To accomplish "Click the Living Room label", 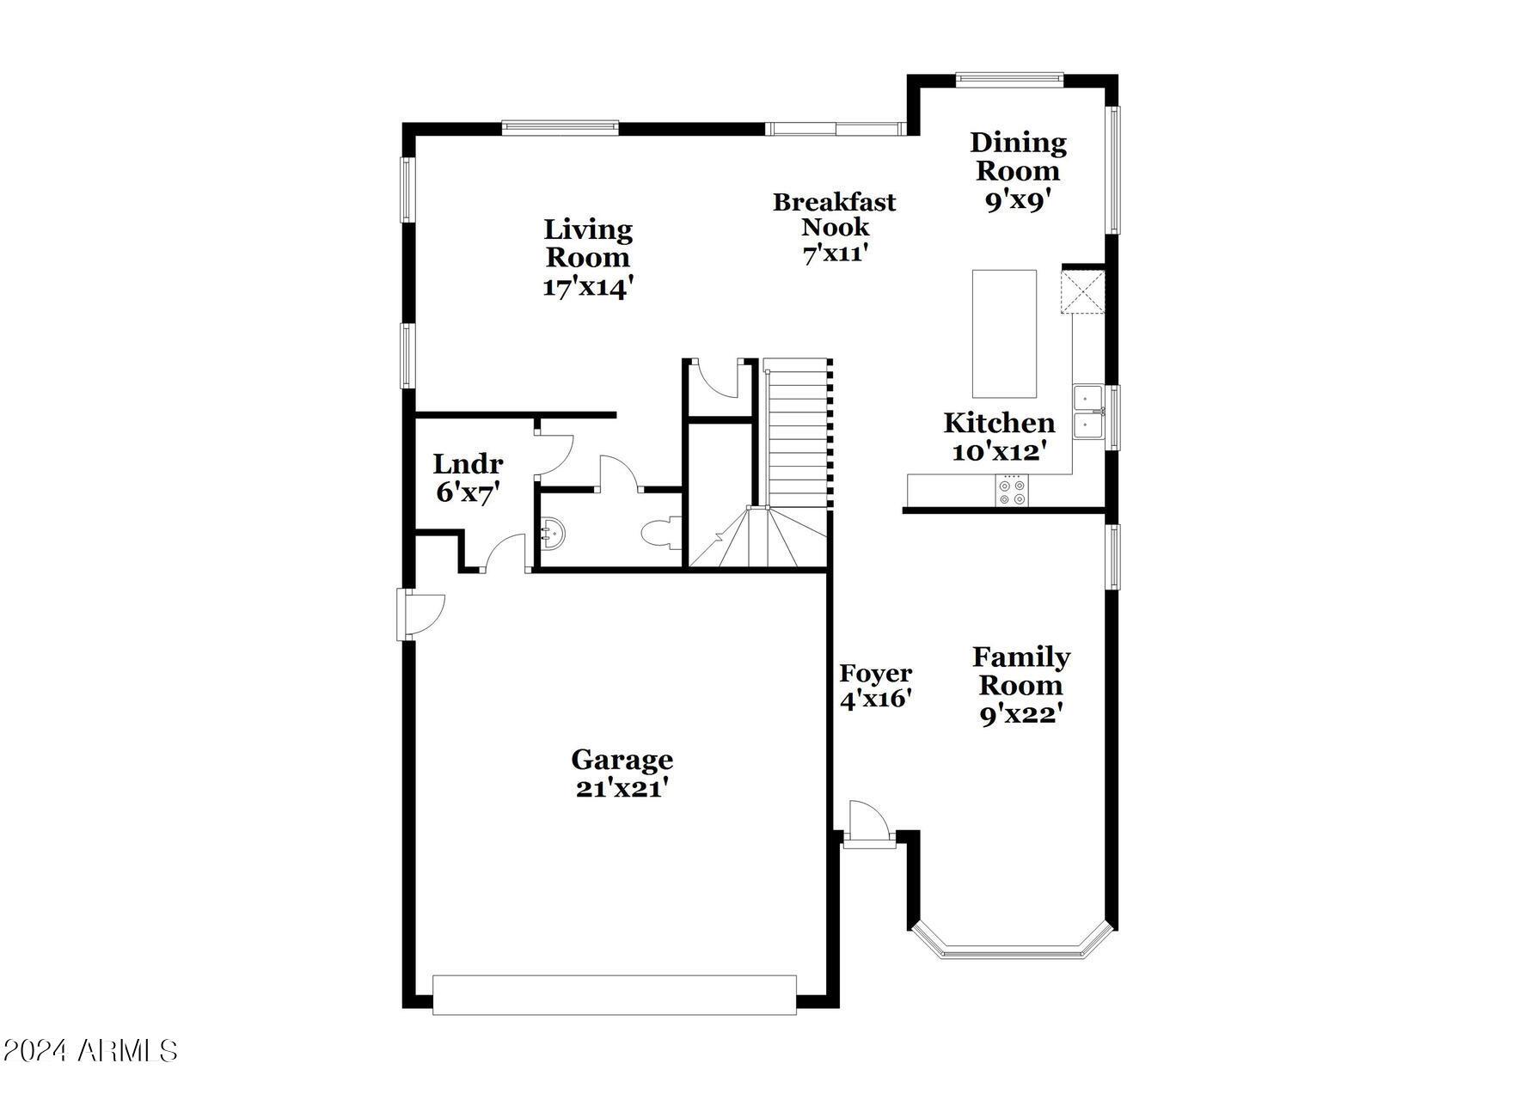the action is tap(588, 243).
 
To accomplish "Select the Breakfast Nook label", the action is tap(835, 214).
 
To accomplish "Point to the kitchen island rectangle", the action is tap(1004, 333).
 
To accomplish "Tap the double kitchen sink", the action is tap(1088, 412).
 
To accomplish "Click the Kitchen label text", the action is tap(1000, 423).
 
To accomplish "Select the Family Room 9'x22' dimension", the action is tap(1021, 714).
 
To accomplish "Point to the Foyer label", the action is tap(875, 673).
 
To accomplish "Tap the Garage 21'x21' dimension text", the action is tap(622, 788).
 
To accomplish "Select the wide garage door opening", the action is tap(615, 995).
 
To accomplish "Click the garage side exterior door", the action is tap(420, 614).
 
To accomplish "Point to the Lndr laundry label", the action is tap(468, 464).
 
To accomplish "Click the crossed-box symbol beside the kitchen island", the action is tap(1082, 292).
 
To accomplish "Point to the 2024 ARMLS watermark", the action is tap(90, 1050).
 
